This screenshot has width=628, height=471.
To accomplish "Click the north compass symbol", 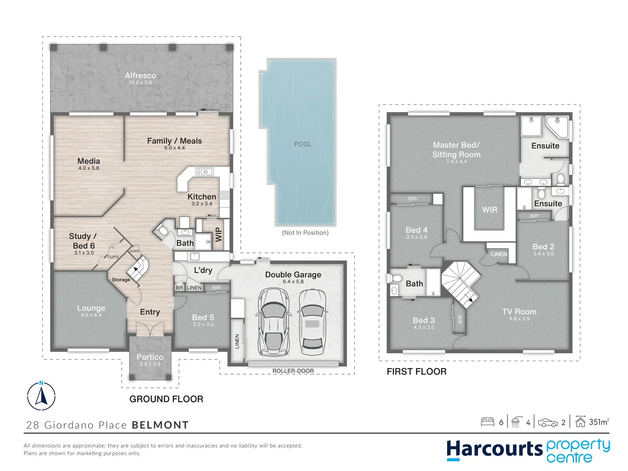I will (x=41, y=396).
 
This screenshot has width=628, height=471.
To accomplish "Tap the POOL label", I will (x=303, y=144).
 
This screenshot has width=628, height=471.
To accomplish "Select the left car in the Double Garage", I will (x=273, y=321).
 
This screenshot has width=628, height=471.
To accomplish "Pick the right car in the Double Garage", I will (x=312, y=322).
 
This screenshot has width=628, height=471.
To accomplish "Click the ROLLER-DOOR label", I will (x=293, y=371).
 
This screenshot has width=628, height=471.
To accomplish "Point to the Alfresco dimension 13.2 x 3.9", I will (x=140, y=82).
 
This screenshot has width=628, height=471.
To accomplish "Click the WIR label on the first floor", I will (x=489, y=210).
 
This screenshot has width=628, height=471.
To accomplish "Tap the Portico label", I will (x=150, y=357).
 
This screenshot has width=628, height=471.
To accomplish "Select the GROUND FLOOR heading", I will (x=166, y=399).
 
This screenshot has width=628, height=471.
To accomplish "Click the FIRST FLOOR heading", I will (x=416, y=372).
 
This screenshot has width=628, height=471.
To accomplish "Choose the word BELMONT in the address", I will (x=160, y=425).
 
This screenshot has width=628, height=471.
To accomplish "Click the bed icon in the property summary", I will (x=488, y=422).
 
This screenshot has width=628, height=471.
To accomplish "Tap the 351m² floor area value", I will (x=599, y=422).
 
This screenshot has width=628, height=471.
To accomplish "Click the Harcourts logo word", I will (x=494, y=450).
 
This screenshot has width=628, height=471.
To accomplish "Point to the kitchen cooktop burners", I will (x=225, y=195).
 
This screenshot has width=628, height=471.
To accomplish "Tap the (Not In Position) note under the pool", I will (x=305, y=232).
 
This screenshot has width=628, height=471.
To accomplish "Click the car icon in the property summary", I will (x=548, y=422).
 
